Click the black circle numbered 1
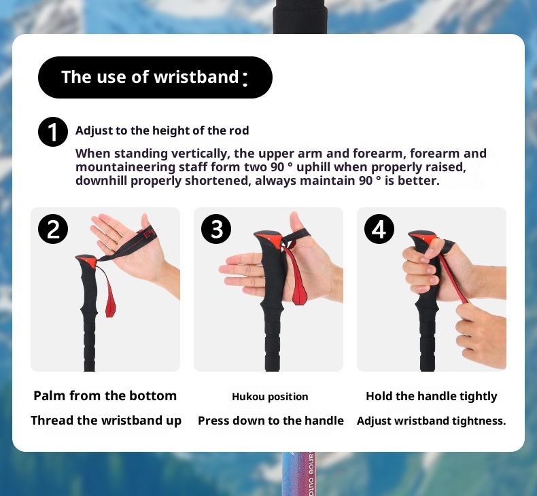53,132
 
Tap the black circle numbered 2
53,229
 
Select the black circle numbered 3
216,229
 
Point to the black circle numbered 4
379,229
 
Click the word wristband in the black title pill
196,77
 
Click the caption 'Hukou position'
270,397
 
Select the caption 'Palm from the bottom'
105,395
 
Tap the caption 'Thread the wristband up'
106,421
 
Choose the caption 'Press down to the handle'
271,421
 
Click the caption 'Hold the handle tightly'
432,396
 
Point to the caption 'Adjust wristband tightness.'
431,421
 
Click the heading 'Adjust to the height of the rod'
162,130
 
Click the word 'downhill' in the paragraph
101,181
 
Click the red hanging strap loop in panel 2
108,294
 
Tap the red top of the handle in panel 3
269,237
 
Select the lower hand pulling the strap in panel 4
482,333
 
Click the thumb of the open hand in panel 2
147,222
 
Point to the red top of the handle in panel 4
423,236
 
